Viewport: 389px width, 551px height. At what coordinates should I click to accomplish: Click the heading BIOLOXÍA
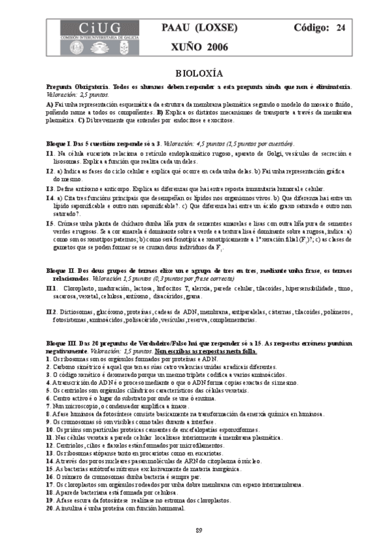coord(199,73)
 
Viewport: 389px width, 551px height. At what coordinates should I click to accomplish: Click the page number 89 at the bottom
coord(199,531)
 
